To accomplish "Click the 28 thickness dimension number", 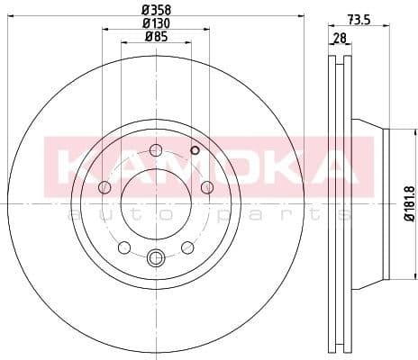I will point(339,39).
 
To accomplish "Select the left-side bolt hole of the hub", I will point(104,187).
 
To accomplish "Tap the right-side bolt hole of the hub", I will point(206,187).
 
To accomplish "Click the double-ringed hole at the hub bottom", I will point(155,258).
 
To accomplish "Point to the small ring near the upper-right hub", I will point(194,151).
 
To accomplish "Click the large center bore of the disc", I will point(155,203).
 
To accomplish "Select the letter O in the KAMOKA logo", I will point(230,165).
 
